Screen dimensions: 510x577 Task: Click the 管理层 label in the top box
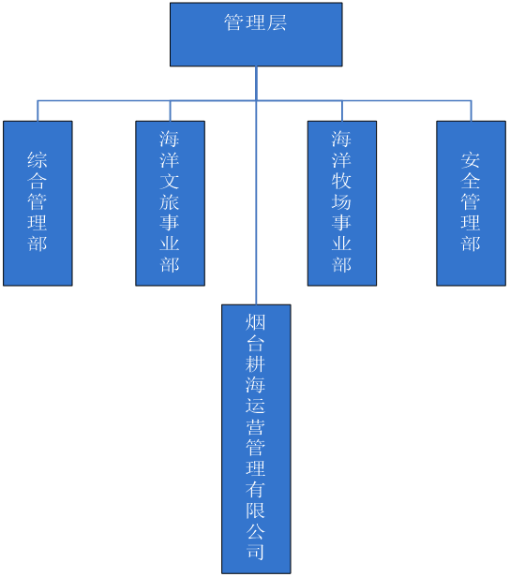click(x=256, y=22)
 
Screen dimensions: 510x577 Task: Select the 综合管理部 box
click(x=37, y=203)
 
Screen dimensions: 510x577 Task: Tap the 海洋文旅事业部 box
click(x=170, y=203)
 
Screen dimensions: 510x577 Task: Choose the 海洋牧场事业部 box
click(x=342, y=203)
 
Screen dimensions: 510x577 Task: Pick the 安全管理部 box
click(x=471, y=203)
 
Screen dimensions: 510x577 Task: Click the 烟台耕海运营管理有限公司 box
click(x=256, y=438)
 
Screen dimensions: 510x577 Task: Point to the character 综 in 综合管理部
click(x=37, y=159)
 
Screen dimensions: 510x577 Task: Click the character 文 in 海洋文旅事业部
click(x=170, y=181)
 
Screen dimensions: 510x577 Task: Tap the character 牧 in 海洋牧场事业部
click(x=341, y=181)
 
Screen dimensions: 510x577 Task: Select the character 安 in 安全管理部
click(x=471, y=159)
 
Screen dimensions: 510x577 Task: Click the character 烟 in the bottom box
click(x=256, y=322)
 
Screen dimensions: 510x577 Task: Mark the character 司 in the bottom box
click(x=256, y=552)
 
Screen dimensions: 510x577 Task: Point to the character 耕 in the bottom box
click(x=256, y=364)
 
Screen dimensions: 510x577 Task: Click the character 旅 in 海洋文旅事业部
click(x=170, y=201)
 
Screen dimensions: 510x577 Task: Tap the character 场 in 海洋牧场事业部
click(x=341, y=201)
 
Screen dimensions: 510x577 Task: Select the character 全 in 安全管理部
click(x=471, y=181)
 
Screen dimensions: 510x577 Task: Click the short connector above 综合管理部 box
click(x=37, y=111)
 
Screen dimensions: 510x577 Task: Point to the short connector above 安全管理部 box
click(x=471, y=111)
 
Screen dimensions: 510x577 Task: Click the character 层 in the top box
click(x=277, y=22)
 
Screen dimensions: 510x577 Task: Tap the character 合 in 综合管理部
click(x=37, y=181)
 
